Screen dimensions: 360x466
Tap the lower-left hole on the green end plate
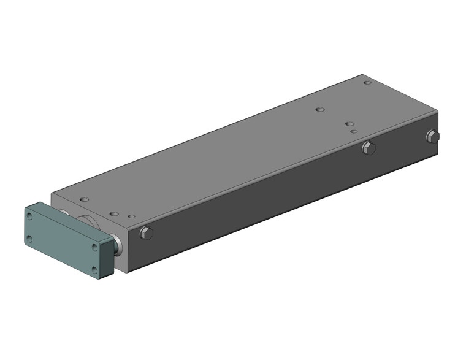(29, 239)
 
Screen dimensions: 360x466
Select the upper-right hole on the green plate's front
(94, 247)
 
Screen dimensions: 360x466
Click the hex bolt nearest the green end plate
(146, 232)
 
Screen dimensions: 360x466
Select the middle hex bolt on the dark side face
(368, 147)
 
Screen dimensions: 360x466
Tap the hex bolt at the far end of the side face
(432, 136)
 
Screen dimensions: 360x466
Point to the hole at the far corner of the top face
(367, 83)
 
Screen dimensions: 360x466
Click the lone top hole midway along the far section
(319, 110)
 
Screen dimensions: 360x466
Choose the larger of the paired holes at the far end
(349, 124)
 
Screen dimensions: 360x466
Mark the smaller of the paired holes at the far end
(354, 131)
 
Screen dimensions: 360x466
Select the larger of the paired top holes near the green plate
(114, 214)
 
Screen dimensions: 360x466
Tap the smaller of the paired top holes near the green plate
(131, 216)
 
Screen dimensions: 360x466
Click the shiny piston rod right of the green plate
(117, 245)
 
